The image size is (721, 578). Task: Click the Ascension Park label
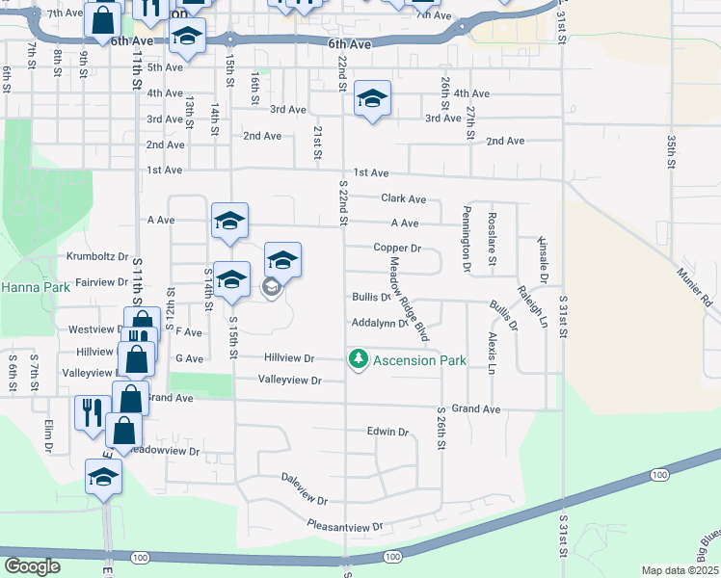coord(420,360)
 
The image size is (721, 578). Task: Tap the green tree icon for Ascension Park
coord(359,359)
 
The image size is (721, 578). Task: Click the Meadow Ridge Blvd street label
coord(407,302)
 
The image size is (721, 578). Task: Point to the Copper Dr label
coord(397,248)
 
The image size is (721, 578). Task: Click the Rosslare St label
coord(492,238)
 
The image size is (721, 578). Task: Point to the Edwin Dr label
coord(387,432)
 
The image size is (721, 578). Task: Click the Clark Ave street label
coord(403,198)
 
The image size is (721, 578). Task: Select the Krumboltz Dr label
coord(97,256)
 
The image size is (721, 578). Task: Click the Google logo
coord(32,565)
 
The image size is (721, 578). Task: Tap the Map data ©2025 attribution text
coord(680,570)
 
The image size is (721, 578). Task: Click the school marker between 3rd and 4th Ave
coord(372,98)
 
